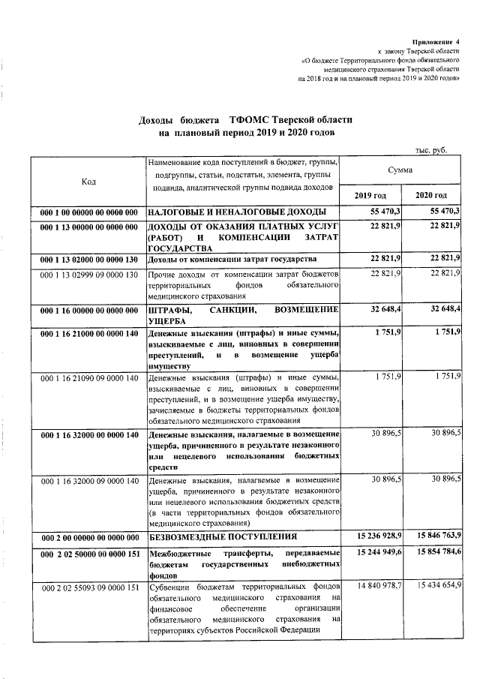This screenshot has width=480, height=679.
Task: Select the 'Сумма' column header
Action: click(x=400, y=170)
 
